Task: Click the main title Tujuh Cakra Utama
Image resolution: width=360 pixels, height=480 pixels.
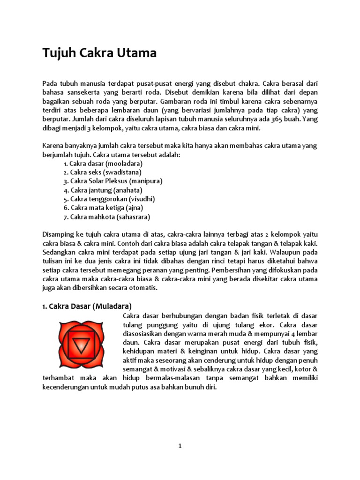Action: (99, 53)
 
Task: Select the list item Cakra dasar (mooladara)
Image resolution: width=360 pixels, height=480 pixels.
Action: (103, 164)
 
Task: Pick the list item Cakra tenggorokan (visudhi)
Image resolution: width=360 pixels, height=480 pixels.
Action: (109, 199)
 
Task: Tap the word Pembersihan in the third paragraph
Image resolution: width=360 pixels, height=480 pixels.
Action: (232, 270)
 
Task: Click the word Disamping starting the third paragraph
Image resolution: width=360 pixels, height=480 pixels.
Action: (58, 234)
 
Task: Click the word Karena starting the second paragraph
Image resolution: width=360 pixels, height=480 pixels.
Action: (52, 146)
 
